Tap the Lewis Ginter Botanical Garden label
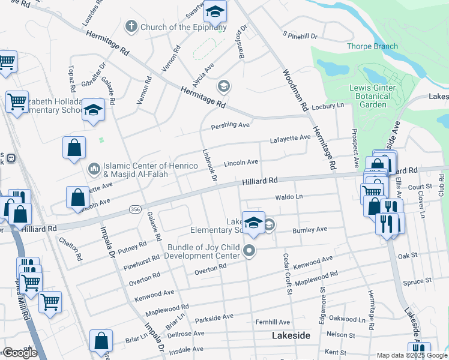coord(372,96)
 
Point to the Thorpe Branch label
coord(372,46)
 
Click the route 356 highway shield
coord(135,209)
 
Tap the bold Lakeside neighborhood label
coord(291,335)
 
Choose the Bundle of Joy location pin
coord(250,251)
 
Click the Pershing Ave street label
coord(229,126)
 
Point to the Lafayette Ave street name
coord(290,137)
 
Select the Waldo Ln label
coord(289,197)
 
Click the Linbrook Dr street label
coord(209,164)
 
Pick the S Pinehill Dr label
coord(299,37)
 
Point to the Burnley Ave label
coord(309,229)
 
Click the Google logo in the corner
coord(19,353)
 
